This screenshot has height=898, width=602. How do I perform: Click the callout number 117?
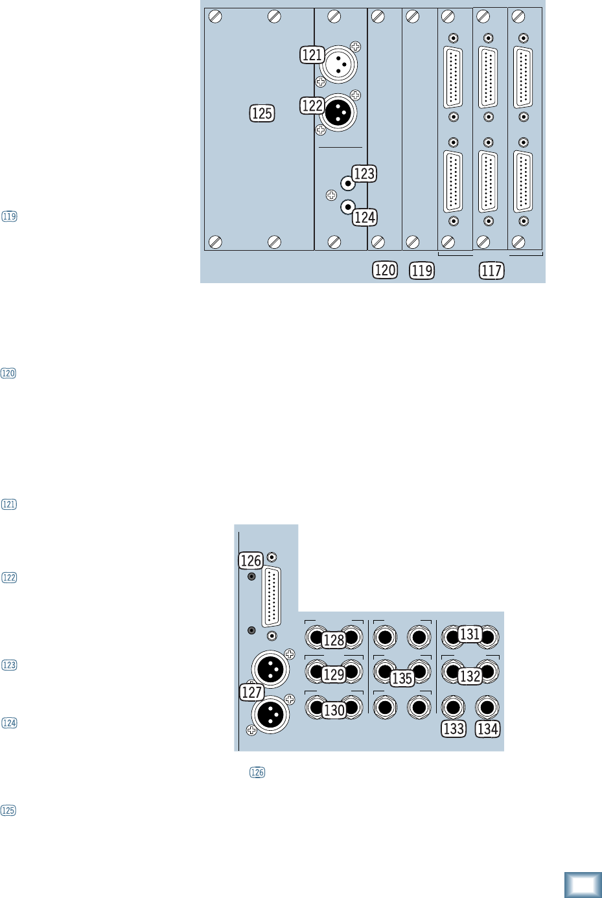(492, 270)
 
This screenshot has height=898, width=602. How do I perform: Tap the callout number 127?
(251, 692)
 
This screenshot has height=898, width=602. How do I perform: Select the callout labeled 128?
(334, 640)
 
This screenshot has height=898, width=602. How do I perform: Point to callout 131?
(470, 634)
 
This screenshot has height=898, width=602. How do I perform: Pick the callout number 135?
(402, 678)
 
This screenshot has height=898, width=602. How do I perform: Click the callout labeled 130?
(334, 710)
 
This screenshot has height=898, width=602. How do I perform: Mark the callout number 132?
(470, 676)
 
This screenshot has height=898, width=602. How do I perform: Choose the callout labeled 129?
(334, 674)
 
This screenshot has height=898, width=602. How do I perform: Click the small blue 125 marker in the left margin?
(8, 811)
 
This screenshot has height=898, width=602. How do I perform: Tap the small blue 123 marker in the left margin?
(9, 665)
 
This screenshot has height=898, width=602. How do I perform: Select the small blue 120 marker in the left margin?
(8, 373)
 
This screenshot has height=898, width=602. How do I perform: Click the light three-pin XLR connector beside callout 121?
(338, 64)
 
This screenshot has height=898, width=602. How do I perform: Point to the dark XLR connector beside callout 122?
(338, 113)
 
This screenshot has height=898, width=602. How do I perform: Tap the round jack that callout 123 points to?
(348, 184)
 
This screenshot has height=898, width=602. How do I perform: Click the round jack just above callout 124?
(348, 207)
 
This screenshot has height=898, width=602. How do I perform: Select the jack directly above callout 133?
(453, 706)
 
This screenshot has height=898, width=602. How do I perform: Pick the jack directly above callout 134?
(487, 706)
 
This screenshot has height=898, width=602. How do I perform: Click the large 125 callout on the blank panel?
(262, 113)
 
